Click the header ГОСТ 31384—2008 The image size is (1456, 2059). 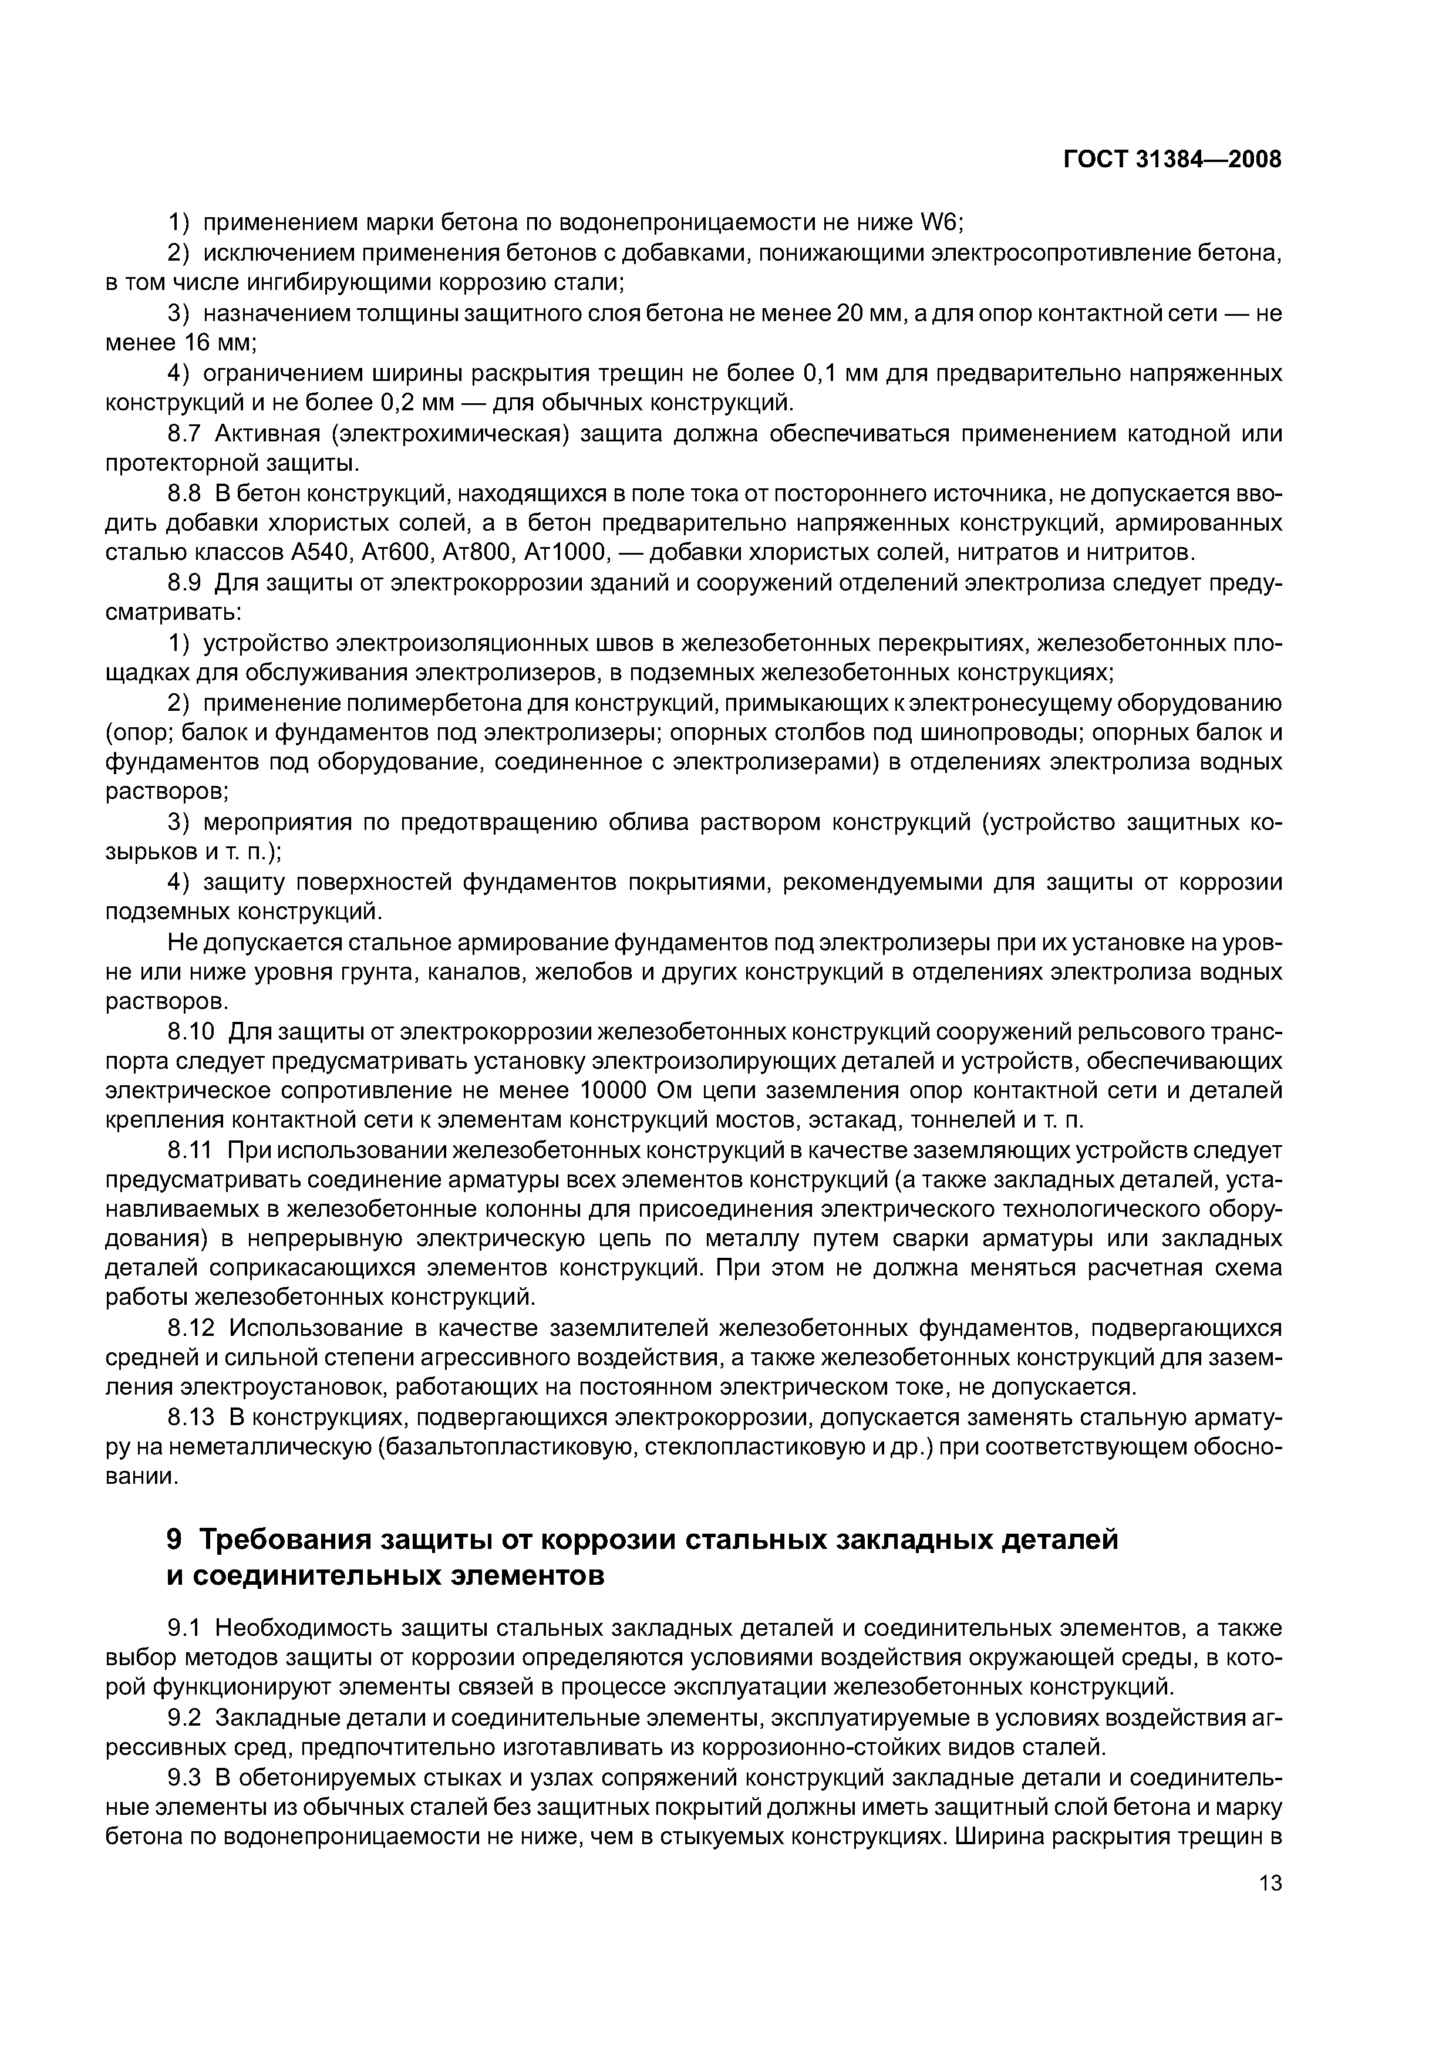coord(1172,160)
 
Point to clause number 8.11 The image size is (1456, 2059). coord(189,1150)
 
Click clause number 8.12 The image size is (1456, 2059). coord(189,1326)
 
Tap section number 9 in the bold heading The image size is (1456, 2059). coord(175,1539)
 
